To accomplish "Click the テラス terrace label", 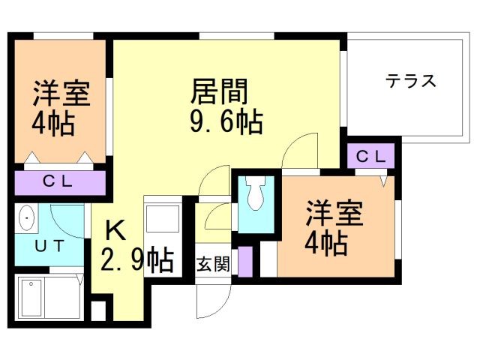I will pyautogui.click(x=411, y=81).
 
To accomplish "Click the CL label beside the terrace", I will pyautogui.click(x=370, y=157).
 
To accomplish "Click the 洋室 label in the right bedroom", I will pyautogui.click(x=334, y=214).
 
